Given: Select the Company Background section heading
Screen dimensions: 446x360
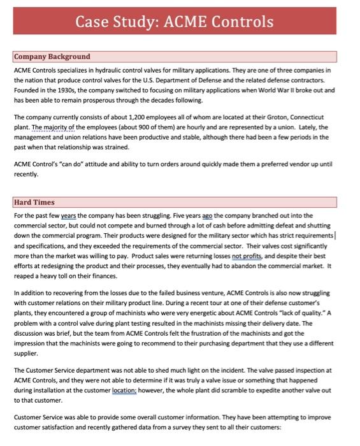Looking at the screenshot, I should point(52,57).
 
